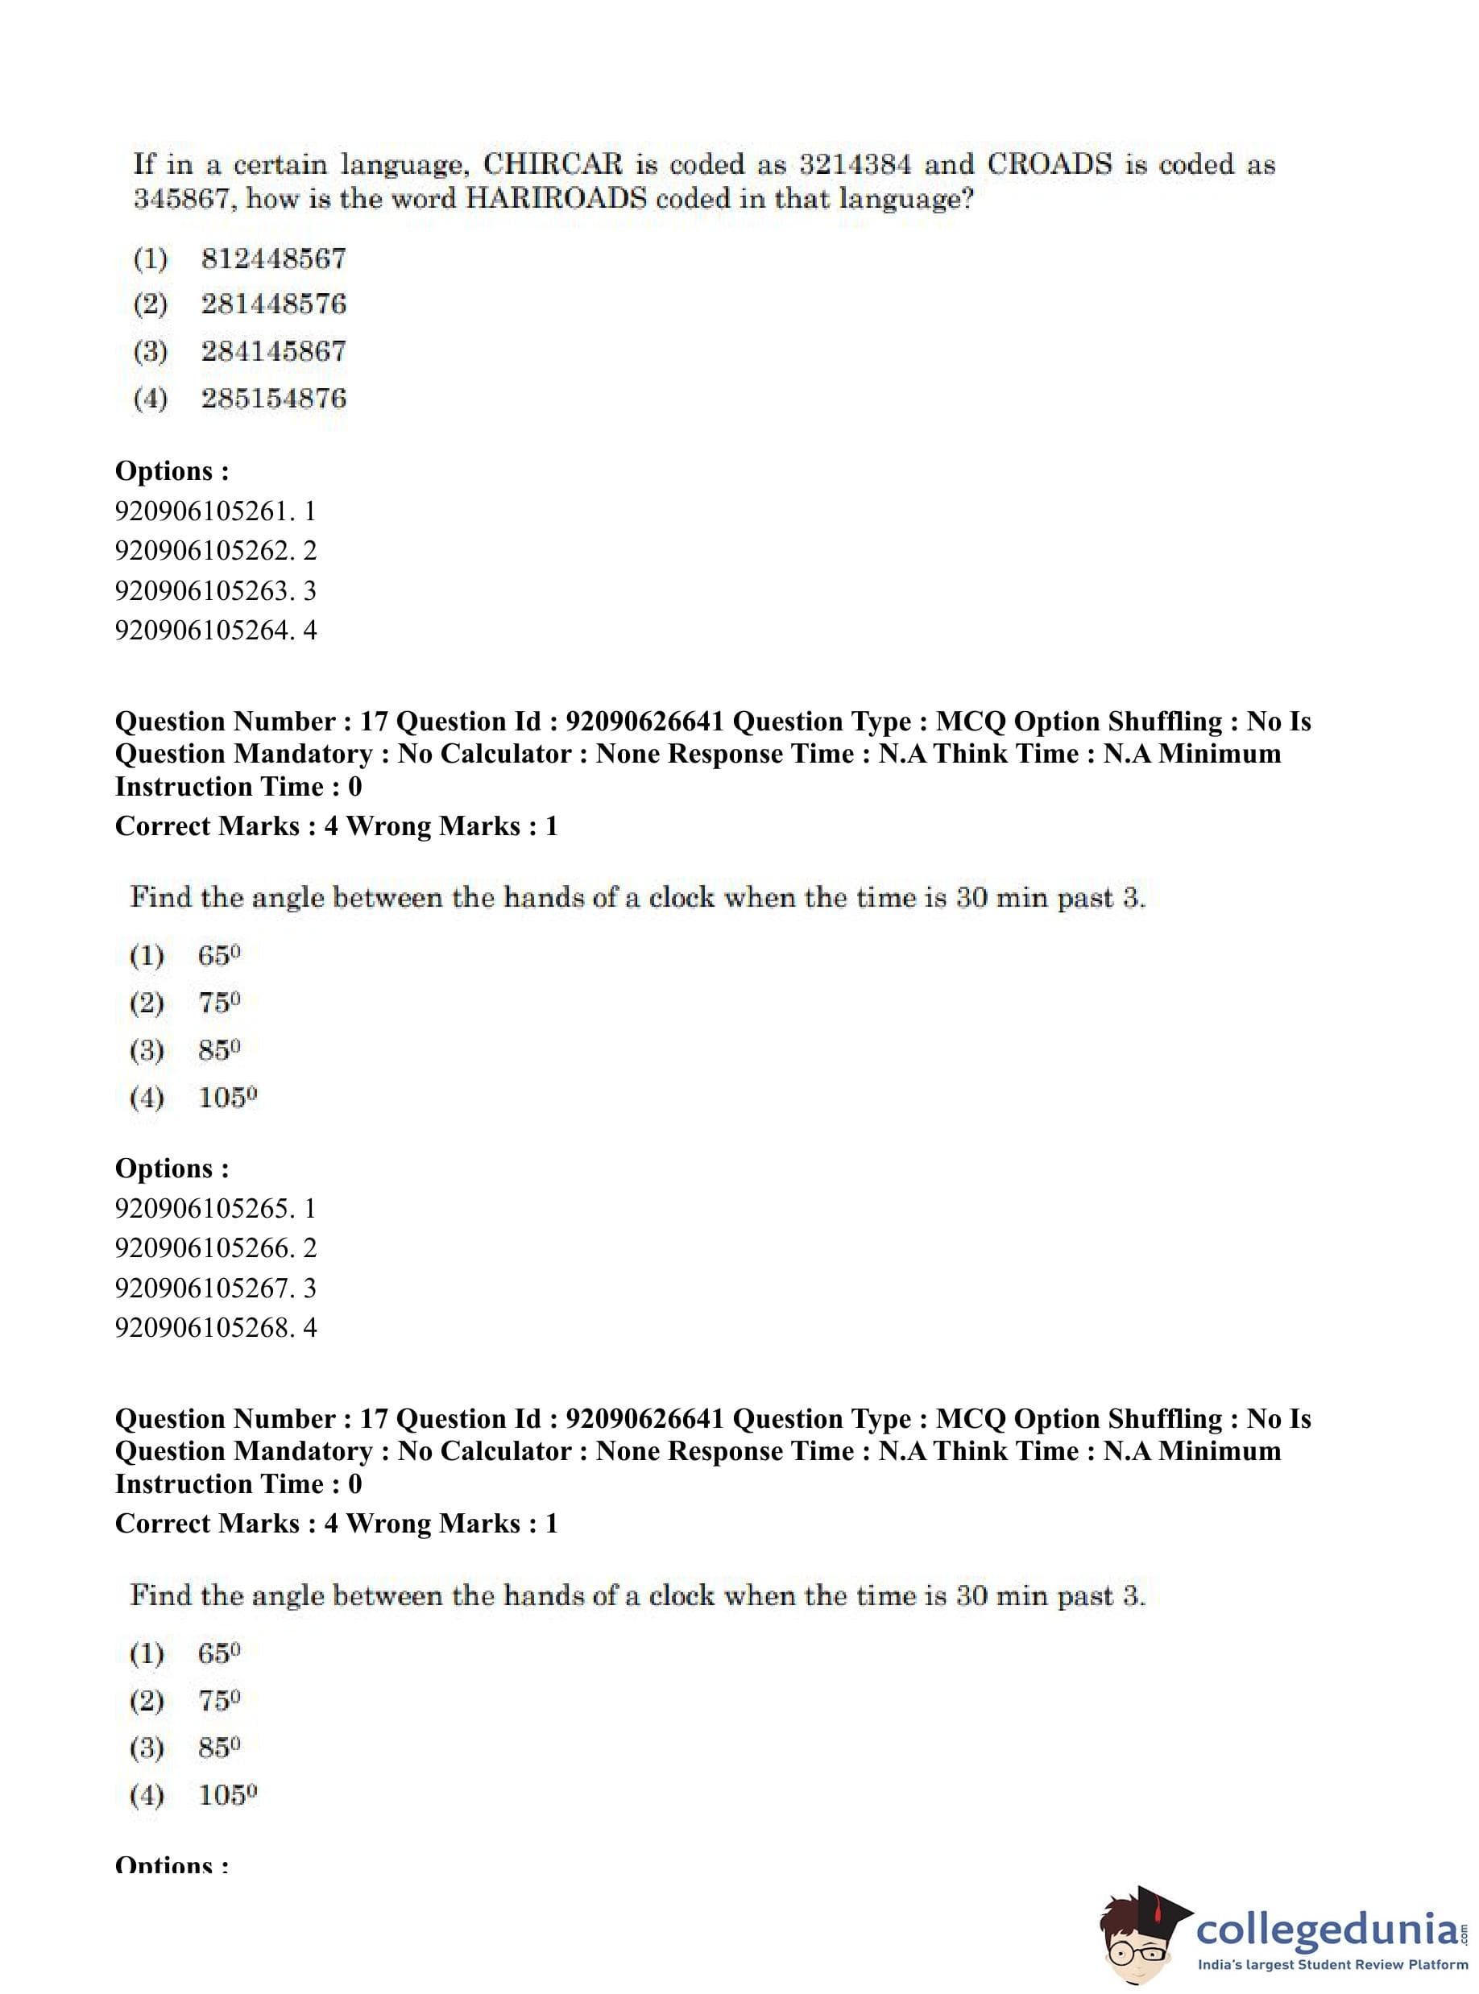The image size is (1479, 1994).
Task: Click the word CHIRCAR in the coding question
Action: [552, 164]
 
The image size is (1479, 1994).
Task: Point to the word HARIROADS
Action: [555, 199]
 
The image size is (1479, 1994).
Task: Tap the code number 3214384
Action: [855, 164]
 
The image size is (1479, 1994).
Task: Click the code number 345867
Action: [184, 199]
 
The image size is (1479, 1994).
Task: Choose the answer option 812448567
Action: [273, 259]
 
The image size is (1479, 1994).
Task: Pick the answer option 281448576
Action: [273, 304]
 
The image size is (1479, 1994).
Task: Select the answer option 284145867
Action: [273, 351]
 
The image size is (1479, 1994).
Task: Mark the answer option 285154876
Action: [273, 399]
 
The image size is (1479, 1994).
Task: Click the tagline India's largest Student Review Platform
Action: [1332, 1964]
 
